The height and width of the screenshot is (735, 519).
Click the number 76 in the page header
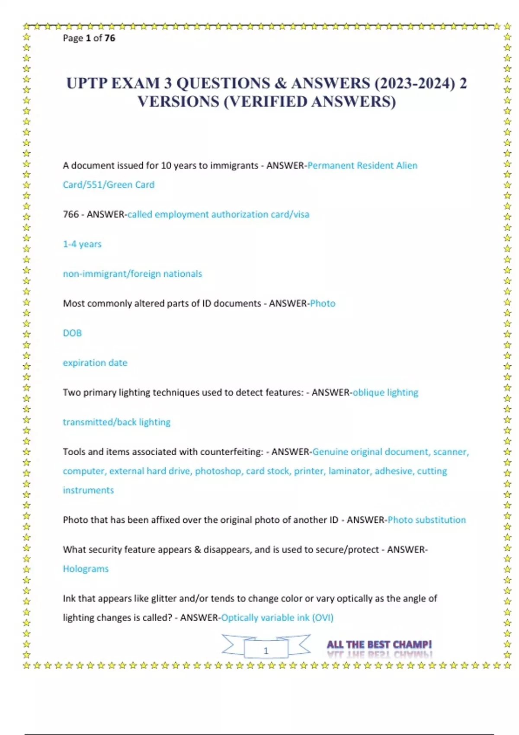coord(110,38)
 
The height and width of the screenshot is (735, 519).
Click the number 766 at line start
coord(70,214)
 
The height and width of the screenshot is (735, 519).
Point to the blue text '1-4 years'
coord(82,244)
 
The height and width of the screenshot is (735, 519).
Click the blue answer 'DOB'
coord(72,333)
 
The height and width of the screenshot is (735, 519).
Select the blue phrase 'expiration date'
coord(95,363)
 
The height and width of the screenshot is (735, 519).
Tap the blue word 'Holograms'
coord(86,569)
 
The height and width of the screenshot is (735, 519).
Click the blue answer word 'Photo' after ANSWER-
coord(323,304)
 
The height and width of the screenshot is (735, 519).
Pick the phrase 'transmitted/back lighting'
coord(117,422)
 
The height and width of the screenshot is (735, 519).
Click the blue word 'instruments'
coord(88,490)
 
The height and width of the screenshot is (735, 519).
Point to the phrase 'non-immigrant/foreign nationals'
coord(132,274)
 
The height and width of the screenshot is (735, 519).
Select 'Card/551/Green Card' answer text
coord(109,185)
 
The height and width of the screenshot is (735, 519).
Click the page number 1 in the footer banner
coord(266,651)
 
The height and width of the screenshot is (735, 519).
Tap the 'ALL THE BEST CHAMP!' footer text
coord(379,645)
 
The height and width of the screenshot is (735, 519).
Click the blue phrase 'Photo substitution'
coord(426,520)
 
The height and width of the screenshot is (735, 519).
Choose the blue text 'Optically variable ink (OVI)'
coord(277,618)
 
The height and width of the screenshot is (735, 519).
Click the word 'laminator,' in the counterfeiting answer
coord(349,471)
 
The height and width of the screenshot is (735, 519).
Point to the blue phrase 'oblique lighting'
coord(385,393)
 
